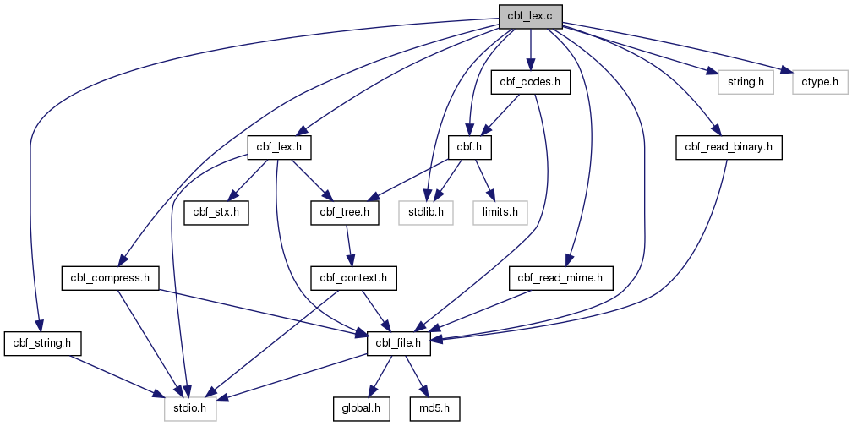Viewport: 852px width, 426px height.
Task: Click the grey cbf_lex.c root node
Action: pos(530,16)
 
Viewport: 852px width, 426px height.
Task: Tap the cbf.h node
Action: pos(470,147)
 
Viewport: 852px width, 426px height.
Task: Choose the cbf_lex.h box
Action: pos(279,147)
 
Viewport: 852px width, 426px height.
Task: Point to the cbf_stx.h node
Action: pos(216,212)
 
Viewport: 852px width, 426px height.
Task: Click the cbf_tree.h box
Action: pos(345,212)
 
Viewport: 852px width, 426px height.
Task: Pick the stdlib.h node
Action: pos(426,212)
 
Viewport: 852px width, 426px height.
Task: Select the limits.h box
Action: pos(500,212)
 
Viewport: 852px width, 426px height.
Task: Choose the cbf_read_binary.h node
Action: pos(729,147)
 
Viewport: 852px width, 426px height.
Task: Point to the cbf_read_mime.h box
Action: pos(561,278)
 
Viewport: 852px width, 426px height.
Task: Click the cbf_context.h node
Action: pos(353,278)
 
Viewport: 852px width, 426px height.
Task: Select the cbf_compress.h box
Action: pos(110,278)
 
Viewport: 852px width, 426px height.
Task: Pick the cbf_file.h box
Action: pos(399,343)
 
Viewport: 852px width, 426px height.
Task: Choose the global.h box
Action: pos(362,408)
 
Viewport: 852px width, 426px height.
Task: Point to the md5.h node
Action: pos(435,408)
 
